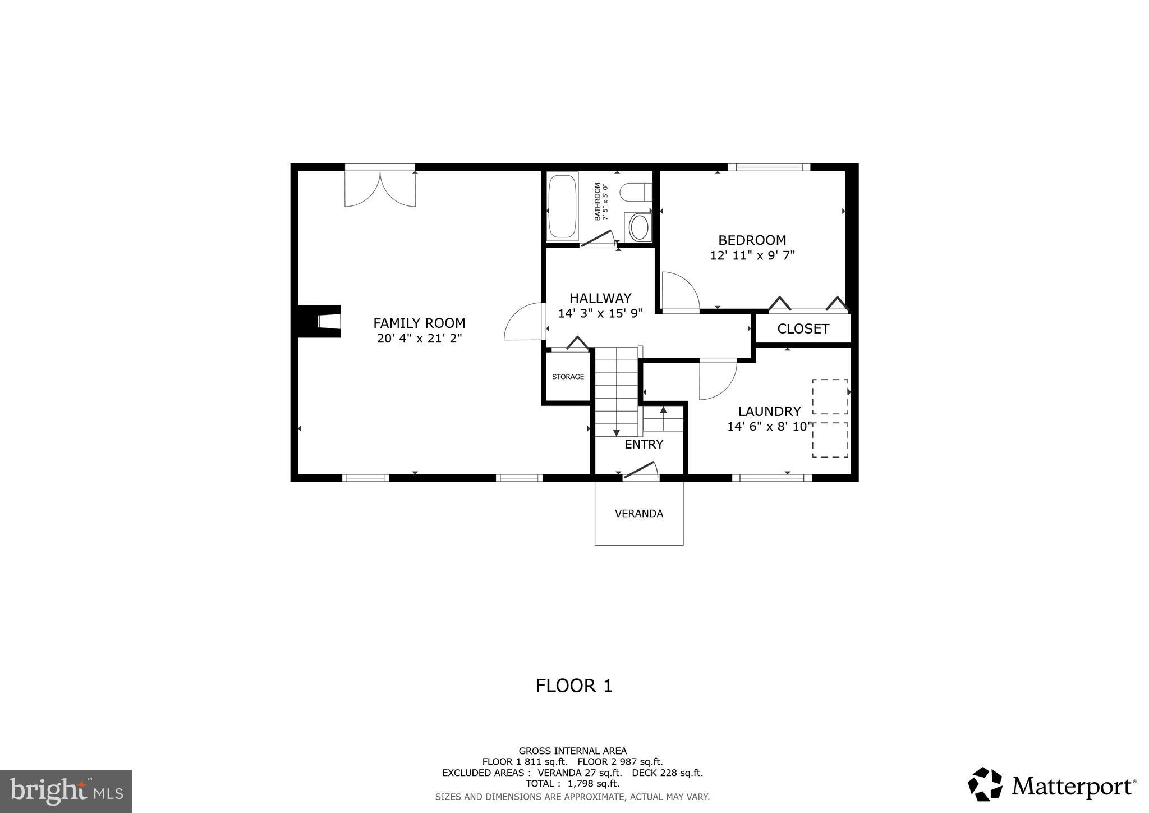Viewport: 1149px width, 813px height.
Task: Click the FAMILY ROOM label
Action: (x=419, y=323)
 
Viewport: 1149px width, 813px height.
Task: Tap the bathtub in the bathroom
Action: (x=562, y=207)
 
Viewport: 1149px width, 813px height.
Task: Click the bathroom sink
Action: (x=638, y=227)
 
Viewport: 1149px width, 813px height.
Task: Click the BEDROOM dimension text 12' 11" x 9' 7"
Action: (x=752, y=255)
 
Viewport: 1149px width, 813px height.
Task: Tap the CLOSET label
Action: (x=803, y=329)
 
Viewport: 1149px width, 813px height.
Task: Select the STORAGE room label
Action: (x=568, y=377)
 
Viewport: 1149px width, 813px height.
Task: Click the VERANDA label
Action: (x=638, y=514)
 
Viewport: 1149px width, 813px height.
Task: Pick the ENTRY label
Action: (x=644, y=445)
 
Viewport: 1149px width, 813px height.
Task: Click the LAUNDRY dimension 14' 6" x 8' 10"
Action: (x=769, y=427)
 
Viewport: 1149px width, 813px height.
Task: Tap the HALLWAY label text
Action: (x=600, y=298)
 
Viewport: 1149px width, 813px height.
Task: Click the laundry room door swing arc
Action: (x=718, y=380)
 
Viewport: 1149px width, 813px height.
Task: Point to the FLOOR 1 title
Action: (x=574, y=686)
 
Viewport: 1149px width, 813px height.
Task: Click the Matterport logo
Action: (x=1052, y=785)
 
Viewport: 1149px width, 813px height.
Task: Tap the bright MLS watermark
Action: (x=66, y=791)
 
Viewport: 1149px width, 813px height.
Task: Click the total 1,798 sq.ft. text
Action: (x=572, y=783)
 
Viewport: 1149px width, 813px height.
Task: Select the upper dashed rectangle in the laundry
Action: (x=830, y=397)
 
